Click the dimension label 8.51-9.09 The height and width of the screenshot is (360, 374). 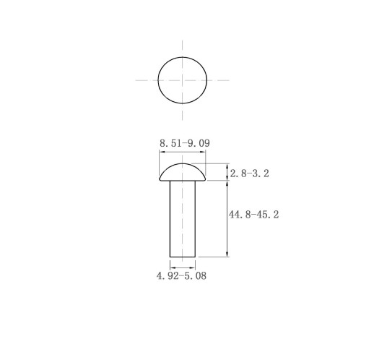[185, 143]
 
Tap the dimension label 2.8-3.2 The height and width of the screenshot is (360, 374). [249, 173]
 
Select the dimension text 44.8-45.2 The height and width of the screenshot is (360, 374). [253, 215]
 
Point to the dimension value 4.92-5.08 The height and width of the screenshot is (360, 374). [181, 275]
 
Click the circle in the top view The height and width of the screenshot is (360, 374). [158, 80]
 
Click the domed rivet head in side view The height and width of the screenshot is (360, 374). [183, 172]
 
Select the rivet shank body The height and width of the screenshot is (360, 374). [183, 219]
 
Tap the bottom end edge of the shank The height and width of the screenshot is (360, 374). [183, 257]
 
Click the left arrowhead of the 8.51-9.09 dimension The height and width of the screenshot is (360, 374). [162, 152]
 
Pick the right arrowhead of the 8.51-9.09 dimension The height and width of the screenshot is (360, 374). [203, 152]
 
